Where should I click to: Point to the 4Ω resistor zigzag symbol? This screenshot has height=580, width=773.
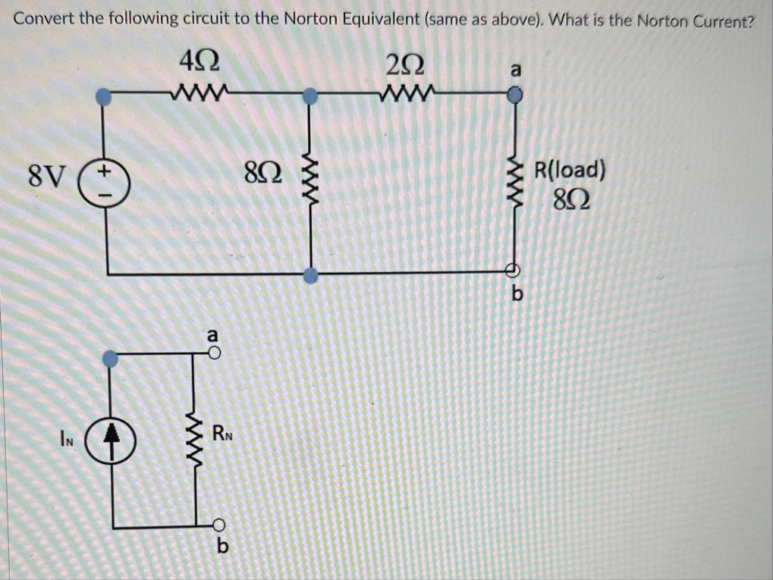pos(196,95)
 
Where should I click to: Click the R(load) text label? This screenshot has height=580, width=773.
pos(570,169)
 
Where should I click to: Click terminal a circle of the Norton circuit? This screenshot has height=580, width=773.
pos(215,354)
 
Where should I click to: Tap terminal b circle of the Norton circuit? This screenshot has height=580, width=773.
pos(218,523)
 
